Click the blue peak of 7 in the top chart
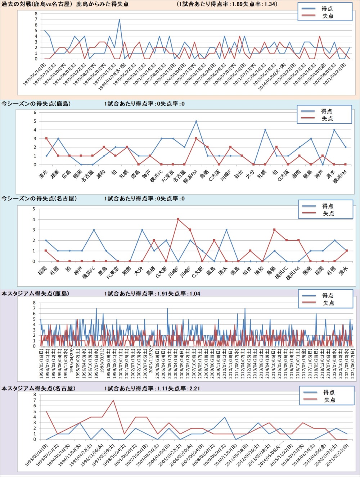coord(120,19)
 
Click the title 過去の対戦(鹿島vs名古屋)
coord(37,4)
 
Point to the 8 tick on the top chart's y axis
coord(36,14)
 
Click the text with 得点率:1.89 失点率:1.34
coord(227,4)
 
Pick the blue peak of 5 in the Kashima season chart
coord(196,121)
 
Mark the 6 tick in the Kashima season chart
coord(35,113)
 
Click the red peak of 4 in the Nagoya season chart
coord(178,219)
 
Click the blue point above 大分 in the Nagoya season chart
coord(142,230)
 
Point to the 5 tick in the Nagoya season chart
coord(34,209)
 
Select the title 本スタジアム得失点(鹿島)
coord(35,294)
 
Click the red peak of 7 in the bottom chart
coord(113,400)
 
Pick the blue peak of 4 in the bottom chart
coord(225,417)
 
